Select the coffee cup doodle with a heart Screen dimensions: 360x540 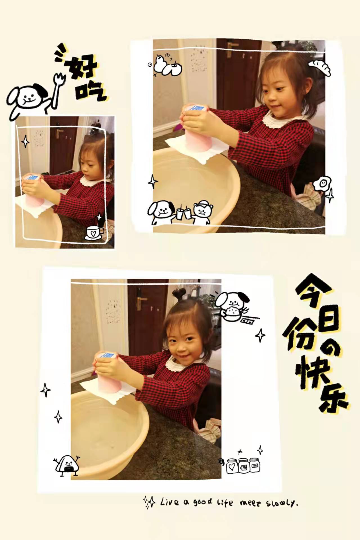tap(94, 232)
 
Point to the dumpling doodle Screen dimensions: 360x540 tap(320, 67)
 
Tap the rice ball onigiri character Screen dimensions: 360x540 tap(67, 465)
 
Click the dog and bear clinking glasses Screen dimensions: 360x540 tap(180, 213)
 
